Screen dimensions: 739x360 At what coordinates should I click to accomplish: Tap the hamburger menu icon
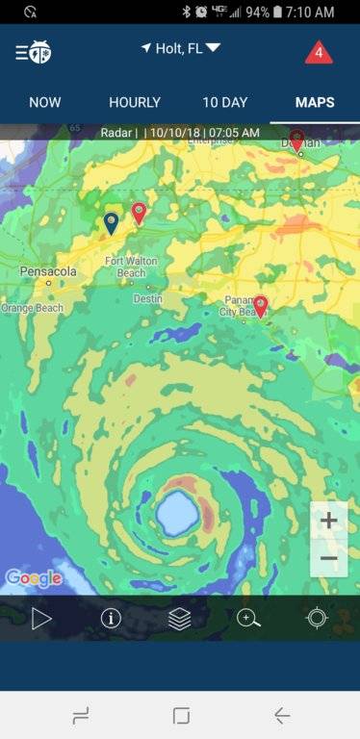tap(21, 51)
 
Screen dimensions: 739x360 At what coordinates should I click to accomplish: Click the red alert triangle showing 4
tap(319, 52)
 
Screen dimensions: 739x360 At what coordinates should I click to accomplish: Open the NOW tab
tap(45, 102)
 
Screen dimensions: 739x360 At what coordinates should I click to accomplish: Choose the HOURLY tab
tap(135, 102)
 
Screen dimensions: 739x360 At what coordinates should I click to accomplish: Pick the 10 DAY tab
tap(224, 102)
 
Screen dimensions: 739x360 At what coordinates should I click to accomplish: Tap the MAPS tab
tap(315, 102)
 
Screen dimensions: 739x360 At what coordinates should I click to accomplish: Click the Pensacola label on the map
tap(48, 272)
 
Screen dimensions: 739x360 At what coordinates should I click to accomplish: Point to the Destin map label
tap(147, 298)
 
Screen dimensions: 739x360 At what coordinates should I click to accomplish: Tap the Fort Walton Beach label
tap(125, 267)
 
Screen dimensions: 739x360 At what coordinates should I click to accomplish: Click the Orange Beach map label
tap(32, 308)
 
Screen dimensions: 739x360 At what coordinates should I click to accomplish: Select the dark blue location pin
tap(112, 222)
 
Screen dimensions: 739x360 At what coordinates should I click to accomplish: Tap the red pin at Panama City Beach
tap(260, 306)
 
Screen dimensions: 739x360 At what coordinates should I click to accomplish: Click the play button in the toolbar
tap(41, 618)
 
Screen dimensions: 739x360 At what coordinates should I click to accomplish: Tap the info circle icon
tap(111, 618)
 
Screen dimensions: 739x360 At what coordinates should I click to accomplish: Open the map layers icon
tap(180, 618)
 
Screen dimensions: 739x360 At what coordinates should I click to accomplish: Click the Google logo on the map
tap(34, 578)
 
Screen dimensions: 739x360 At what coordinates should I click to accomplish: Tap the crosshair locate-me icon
tap(317, 618)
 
